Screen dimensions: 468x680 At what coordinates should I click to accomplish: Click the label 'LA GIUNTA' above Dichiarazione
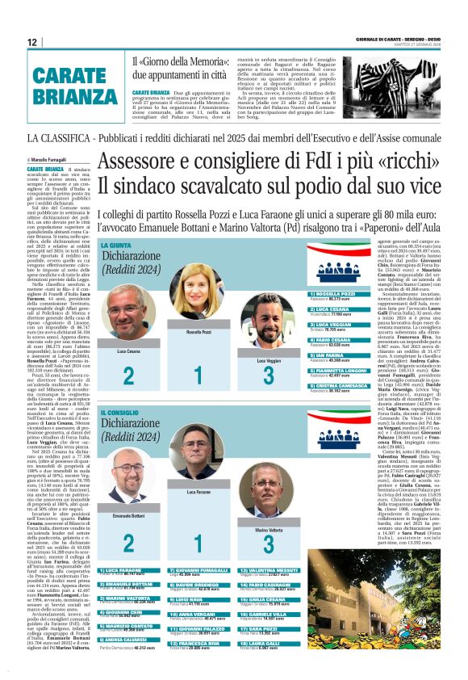116,243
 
